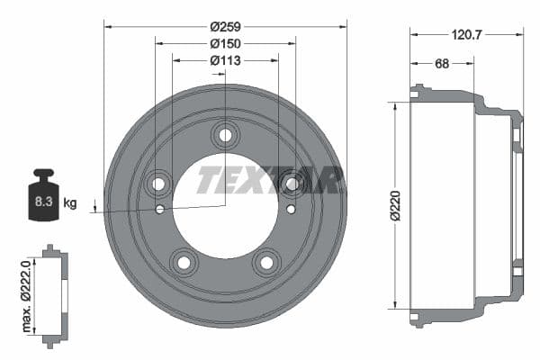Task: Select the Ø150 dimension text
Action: (x=226, y=43)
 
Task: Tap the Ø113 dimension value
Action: (x=226, y=61)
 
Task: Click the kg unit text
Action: (x=70, y=202)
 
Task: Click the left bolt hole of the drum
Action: (x=159, y=184)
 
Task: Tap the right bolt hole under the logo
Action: (x=291, y=184)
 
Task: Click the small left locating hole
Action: (x=159, y=210)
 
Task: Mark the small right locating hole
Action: (x=290, y=210)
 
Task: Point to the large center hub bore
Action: (x=225, y=211)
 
